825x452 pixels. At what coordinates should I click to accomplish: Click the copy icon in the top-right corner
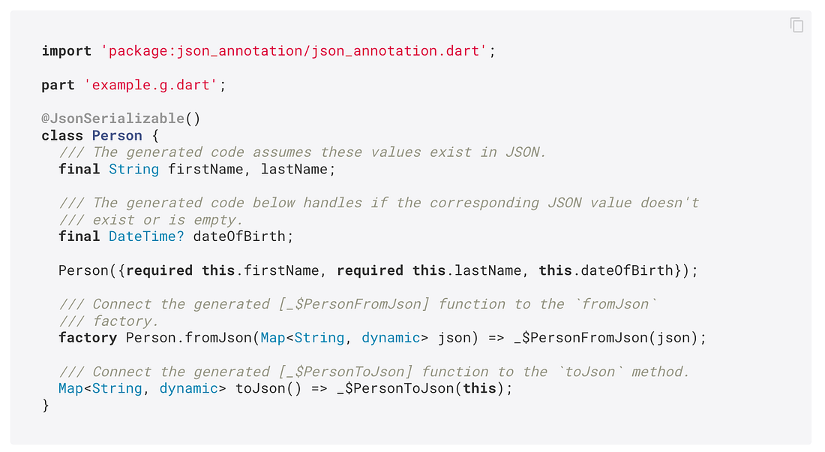coord(796,26)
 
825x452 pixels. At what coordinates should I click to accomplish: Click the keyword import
coord(67,51)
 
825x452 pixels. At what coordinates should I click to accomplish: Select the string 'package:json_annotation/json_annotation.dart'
coord(293,51)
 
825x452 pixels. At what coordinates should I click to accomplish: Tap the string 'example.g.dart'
coord(155,85)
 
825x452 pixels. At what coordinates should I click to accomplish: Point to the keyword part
coord(58,85)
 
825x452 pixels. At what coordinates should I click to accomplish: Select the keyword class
coord(62,136)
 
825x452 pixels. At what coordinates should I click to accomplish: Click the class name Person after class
coord(117,136)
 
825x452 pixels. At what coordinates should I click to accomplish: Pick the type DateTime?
coord(146,237)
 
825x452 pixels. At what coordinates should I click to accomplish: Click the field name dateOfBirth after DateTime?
coord(239,237)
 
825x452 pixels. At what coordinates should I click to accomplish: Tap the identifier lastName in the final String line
coord(293,169)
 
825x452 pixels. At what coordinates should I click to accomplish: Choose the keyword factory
coord(88,338)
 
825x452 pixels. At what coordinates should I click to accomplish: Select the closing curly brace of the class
coord(46,405)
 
